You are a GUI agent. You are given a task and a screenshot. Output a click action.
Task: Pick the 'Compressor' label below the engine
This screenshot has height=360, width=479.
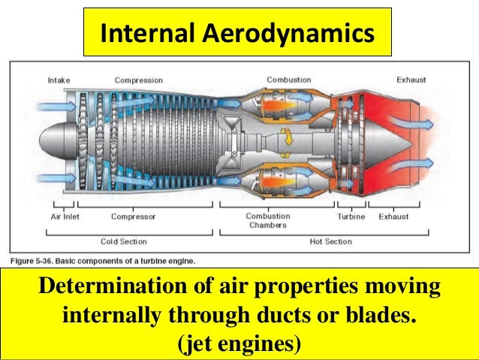point(133,216)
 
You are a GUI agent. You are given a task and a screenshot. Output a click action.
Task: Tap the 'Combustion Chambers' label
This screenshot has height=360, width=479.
point(268,220)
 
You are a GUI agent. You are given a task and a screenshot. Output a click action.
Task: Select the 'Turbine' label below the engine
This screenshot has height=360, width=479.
point(350,216)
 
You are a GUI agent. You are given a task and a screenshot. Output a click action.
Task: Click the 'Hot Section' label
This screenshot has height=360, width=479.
point(330,241)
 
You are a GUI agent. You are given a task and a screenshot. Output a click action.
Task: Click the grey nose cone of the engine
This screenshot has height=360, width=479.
point(47,143)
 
